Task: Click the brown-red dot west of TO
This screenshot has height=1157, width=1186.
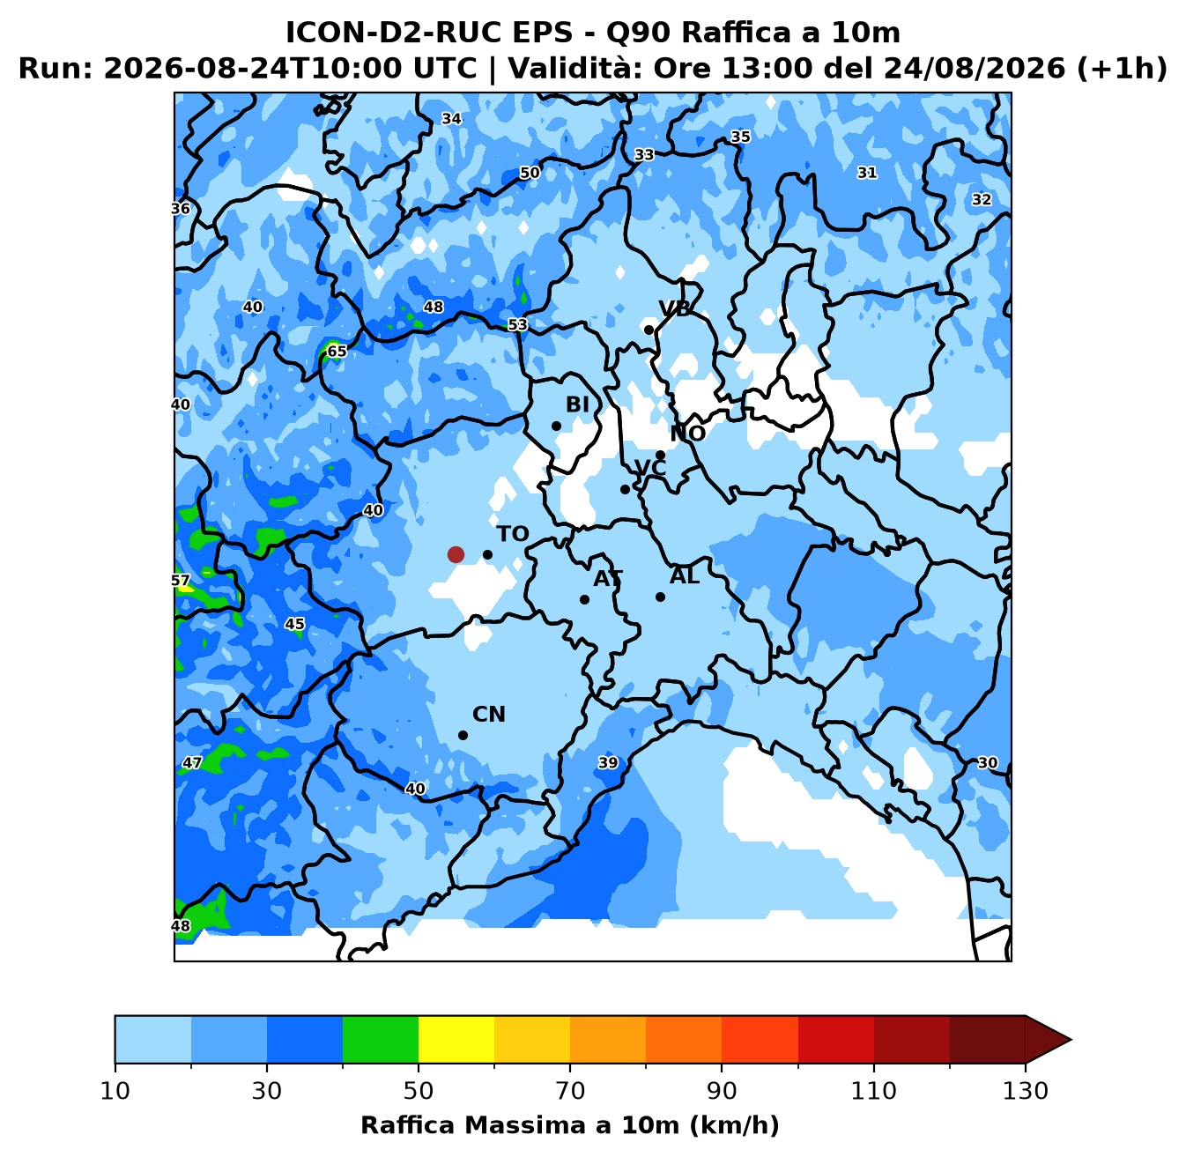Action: [456, 554]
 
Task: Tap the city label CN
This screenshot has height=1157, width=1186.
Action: [489, 715]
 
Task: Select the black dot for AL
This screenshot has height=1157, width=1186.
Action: [660, 597]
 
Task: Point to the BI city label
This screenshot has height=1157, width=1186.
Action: [577, 404]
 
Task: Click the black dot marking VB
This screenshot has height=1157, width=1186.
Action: [649, 330]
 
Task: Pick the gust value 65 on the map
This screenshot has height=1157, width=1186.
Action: [337, 351]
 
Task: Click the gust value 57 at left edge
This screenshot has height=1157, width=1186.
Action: [181, 581]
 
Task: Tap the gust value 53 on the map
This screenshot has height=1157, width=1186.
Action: [517, 325]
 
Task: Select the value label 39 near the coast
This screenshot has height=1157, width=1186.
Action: [608, 762]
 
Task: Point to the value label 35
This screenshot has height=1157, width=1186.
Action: [740, 137]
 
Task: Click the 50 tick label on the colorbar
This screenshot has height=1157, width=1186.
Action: [418, 1091]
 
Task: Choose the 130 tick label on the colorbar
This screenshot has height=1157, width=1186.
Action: [1025, 1091]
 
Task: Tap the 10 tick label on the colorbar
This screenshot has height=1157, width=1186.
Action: [115, 1091]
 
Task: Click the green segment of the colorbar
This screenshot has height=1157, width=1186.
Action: [381, 1039]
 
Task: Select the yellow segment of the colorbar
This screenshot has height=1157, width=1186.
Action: [456, 1039]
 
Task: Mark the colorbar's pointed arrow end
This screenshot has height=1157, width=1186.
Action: [1071, 1039]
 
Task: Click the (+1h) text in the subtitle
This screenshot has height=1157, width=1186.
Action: [1122, 68]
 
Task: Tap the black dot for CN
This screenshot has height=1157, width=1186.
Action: [463, 735]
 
